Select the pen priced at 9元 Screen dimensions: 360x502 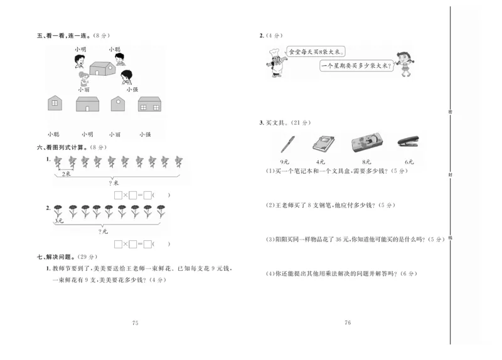tap(288, 144)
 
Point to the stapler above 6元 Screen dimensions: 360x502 tap(409, 143)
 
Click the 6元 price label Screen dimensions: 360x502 tap(409, 162)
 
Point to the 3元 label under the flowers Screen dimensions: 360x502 tap(58, 221)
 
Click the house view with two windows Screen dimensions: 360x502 tap(151, 104)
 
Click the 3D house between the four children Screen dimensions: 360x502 tap(102, 68)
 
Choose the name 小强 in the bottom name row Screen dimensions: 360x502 tap(145, 134)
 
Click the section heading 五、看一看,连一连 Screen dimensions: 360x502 tap(63, 36)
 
